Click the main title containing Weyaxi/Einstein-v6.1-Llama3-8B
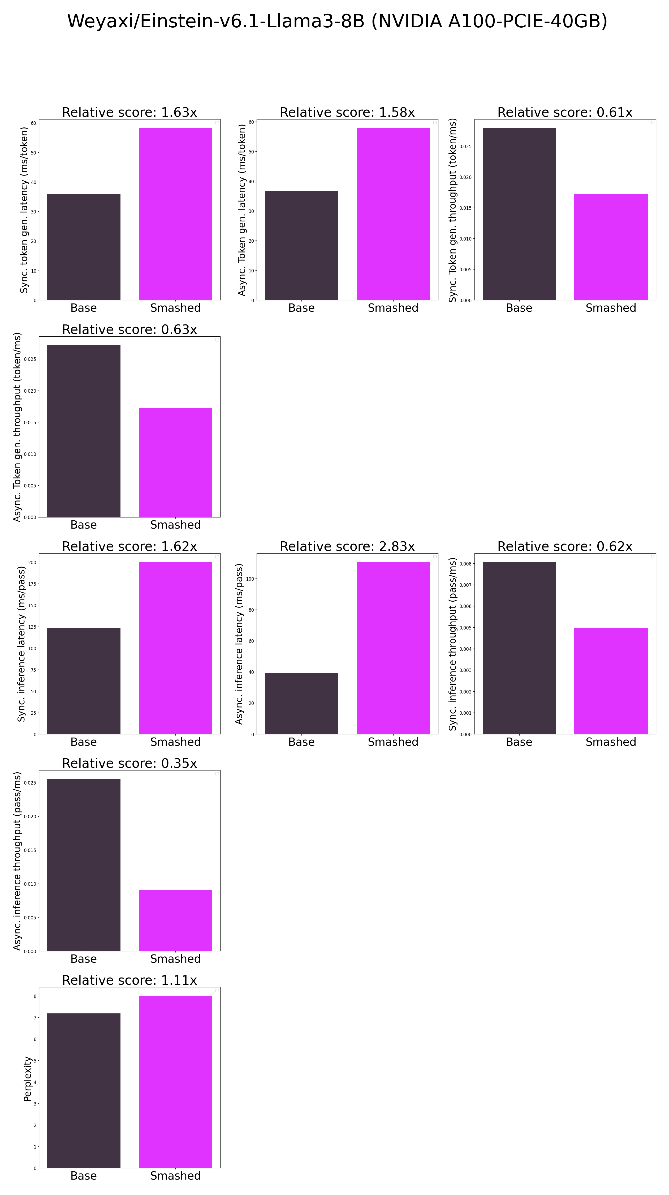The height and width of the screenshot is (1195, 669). pyautogui.click(x=337, y=21)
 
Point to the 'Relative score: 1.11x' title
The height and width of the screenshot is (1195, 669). pyautogui.click(x=129, y=980)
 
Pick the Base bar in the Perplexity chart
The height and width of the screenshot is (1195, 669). pyautogui.click(x=84, y=1090)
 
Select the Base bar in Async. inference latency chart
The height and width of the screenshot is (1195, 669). pyautogui.click(x=301, y=703)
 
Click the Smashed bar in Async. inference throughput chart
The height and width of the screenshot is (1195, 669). pyautogui.click(x=175, y=920)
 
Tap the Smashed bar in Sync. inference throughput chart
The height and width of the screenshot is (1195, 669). pyautogui.click(x=611, y=680)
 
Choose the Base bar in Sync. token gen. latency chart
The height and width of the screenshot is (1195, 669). pyautogui.click(x=84, y=247)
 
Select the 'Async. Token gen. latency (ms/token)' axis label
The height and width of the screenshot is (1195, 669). pyautogui.click(x=241, y=210)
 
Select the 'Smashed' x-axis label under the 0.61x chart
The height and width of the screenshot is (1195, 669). pyautogui.click(x=611, y=308)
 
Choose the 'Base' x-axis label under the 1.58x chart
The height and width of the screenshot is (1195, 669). pyautogui.click(x=301, y=308)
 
